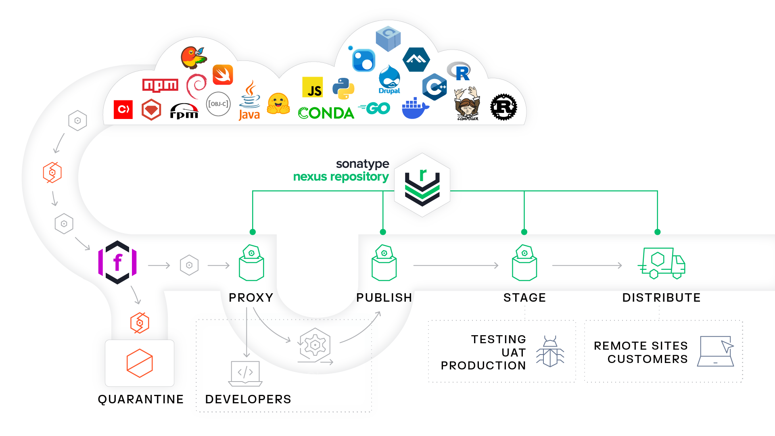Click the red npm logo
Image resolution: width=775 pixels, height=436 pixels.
[x=160, y=85]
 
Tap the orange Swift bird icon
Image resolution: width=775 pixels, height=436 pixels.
[x=223, y=75]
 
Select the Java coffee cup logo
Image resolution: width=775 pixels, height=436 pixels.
[x=250, y=100]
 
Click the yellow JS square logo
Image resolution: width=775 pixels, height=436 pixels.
[x=313, y=87]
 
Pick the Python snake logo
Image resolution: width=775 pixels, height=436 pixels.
[x=343, y=88]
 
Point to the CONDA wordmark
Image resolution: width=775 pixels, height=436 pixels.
[x=326, y=113]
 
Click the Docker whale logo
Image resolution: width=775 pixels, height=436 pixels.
[x=415, y=108]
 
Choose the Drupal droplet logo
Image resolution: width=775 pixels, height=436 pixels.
[x=389, y=80]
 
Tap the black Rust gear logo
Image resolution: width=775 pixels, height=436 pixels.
[x=503, y=107]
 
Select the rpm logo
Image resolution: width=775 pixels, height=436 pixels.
[x=184, y=111]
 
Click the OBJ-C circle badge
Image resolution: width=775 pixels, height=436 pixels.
[x=218, y=104]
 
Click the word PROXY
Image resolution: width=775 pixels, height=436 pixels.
[x=251, y=298]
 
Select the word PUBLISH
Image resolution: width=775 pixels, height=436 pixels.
[x=384, y=298]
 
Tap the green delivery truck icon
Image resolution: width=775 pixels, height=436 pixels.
[x=662, y=263]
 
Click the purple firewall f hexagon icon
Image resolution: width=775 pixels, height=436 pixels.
[x=117, y=263]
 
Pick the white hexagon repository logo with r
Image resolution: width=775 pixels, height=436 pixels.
[x=422, y=185]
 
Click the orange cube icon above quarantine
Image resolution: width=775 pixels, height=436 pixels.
[x=140, y=363]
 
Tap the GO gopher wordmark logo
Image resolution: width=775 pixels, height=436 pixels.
[x=375, y=108]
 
